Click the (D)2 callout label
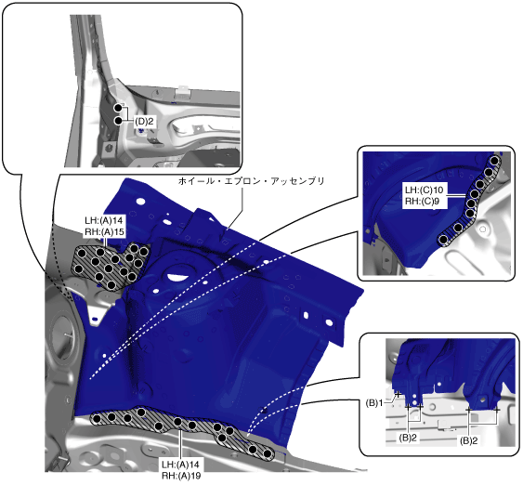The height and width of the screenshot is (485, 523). [x=144, y=122]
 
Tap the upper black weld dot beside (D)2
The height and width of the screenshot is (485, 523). [x=118, y=108]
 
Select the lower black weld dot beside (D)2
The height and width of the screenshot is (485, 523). [x=118, y=121]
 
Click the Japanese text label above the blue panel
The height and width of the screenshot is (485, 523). [x=251, y=181]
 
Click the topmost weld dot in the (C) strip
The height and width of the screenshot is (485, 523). [x=494, y=161]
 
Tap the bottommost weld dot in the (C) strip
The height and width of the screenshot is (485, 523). [x=444, y=239]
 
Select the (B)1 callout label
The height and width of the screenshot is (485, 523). [x=374, y=403]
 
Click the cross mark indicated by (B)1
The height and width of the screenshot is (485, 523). [x=398, y=395]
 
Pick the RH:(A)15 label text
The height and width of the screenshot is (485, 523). [x=104, y=231]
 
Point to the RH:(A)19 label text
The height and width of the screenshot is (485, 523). [x=181, y=476]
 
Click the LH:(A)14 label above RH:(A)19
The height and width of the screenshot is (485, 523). [x=180, y=464]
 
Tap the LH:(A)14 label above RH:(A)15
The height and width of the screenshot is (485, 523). [x=104, y=220]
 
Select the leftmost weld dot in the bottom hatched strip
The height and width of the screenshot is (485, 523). [x=97, y=419]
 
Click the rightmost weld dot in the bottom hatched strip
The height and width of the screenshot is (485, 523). [x=268, y=453]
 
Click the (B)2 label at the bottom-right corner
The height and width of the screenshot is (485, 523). [x=469, y=440]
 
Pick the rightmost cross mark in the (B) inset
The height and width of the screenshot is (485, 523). [x=497, y=410]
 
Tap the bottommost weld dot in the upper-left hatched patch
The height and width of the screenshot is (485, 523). [x=111, y=285]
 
